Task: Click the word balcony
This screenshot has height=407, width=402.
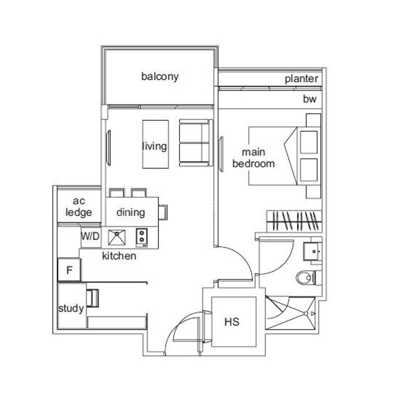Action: coord(160,77)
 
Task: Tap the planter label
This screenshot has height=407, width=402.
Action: coord(301,79)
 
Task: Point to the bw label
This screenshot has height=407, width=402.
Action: coord(310,99)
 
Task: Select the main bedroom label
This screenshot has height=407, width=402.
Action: coord(254,158)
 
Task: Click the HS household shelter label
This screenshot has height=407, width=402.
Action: coord(232,322)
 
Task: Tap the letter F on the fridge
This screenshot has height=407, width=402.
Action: coord(69,270)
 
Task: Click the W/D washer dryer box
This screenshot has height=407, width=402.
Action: coord(91,237)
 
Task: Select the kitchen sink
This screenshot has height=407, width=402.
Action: coord(117,237)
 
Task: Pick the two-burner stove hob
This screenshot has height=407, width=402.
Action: coord(142,238)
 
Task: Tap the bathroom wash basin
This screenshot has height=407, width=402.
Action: coord(313,251)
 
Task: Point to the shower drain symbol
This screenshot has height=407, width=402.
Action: coord(306,313)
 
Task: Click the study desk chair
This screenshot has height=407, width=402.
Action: coord(92,298)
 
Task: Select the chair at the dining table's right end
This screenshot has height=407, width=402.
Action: coord(163,212)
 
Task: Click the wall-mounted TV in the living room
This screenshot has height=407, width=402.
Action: coord(109,148)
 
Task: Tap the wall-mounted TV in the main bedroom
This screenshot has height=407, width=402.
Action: coord(221,154)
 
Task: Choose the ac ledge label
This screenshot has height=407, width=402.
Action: coord(79,206)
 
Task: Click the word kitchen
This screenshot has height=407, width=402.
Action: coord(119,256)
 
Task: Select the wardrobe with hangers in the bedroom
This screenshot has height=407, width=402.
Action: coord(294,221)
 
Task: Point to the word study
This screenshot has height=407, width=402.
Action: coord(71,308)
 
